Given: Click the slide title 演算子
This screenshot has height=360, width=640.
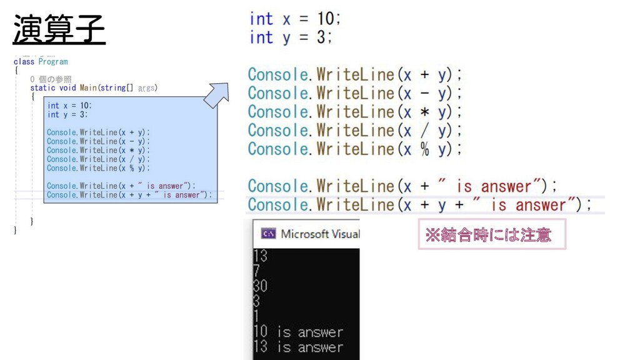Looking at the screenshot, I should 59,29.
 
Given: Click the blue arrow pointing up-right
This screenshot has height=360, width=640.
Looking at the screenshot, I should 216,96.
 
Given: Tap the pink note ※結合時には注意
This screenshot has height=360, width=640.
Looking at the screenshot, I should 491,234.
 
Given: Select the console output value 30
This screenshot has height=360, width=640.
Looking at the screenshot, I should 261,286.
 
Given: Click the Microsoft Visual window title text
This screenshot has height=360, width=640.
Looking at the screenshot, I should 319,234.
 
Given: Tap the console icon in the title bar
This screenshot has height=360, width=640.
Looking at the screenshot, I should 268,234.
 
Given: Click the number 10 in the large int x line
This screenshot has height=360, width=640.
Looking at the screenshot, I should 326,19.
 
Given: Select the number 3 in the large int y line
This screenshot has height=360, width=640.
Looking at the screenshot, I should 321,37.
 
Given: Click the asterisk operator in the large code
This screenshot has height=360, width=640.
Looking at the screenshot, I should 425,112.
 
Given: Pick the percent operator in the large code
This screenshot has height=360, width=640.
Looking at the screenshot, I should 425,150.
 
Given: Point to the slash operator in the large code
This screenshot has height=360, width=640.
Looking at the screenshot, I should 425,131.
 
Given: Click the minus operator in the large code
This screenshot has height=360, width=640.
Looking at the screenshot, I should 425,94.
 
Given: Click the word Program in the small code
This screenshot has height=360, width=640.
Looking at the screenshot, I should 53,62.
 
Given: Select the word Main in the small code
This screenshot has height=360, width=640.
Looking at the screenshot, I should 88,88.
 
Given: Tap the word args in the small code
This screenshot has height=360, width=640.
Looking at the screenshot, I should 146,88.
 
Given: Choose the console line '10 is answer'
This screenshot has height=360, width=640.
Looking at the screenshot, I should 298,332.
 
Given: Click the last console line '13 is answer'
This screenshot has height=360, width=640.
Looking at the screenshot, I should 298,347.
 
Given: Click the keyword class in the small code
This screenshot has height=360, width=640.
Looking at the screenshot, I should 24,62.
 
